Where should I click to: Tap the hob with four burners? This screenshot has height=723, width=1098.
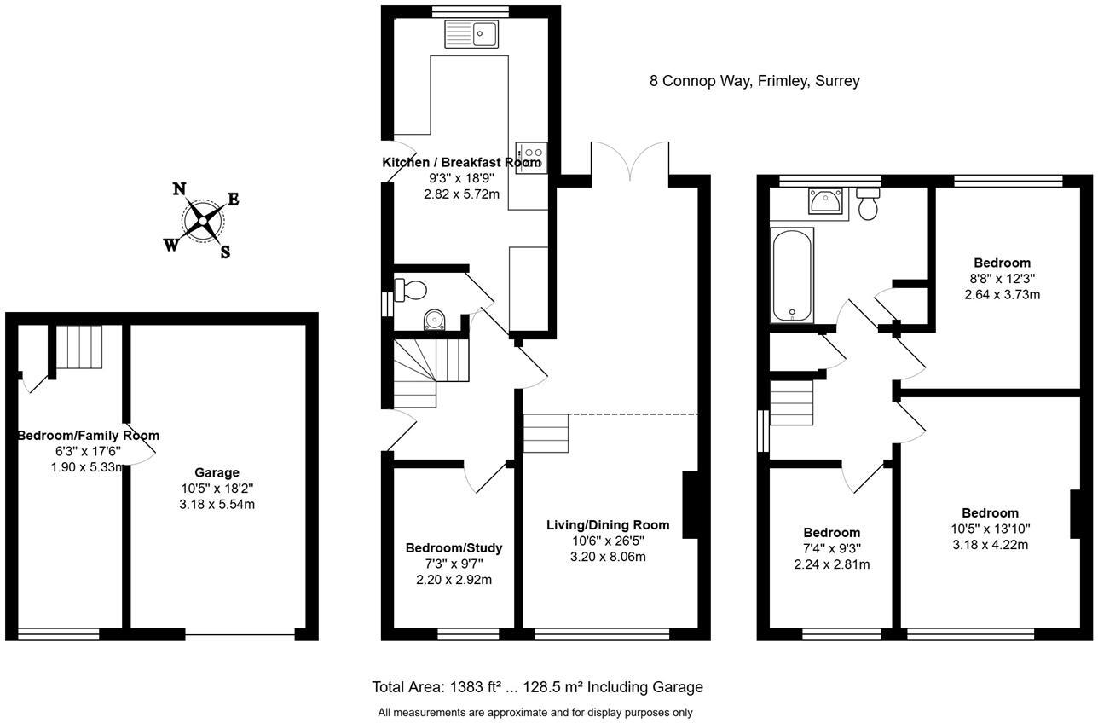point(529,157)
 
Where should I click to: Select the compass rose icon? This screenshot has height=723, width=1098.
point(203,222)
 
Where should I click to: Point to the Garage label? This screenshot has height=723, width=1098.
point(217,472)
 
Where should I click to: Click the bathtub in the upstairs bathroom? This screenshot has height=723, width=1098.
point(792,275)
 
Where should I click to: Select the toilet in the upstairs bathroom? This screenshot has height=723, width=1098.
point(869,205)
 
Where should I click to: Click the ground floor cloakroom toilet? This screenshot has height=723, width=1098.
point(410,289)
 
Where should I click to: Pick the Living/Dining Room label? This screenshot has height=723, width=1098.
point(608,525)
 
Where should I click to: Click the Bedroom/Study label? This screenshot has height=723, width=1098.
point(454,547)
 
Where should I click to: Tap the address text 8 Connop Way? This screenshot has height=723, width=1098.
point(754,81)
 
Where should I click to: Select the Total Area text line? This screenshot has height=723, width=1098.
point(537,687)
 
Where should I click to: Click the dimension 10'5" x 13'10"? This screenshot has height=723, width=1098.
point(990,529)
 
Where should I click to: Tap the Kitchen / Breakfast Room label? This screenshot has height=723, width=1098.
point(461,163)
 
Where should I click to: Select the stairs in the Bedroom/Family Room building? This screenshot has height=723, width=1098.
point(78,346)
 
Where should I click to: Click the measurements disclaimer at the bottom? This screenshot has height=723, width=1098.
point(535,712)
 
